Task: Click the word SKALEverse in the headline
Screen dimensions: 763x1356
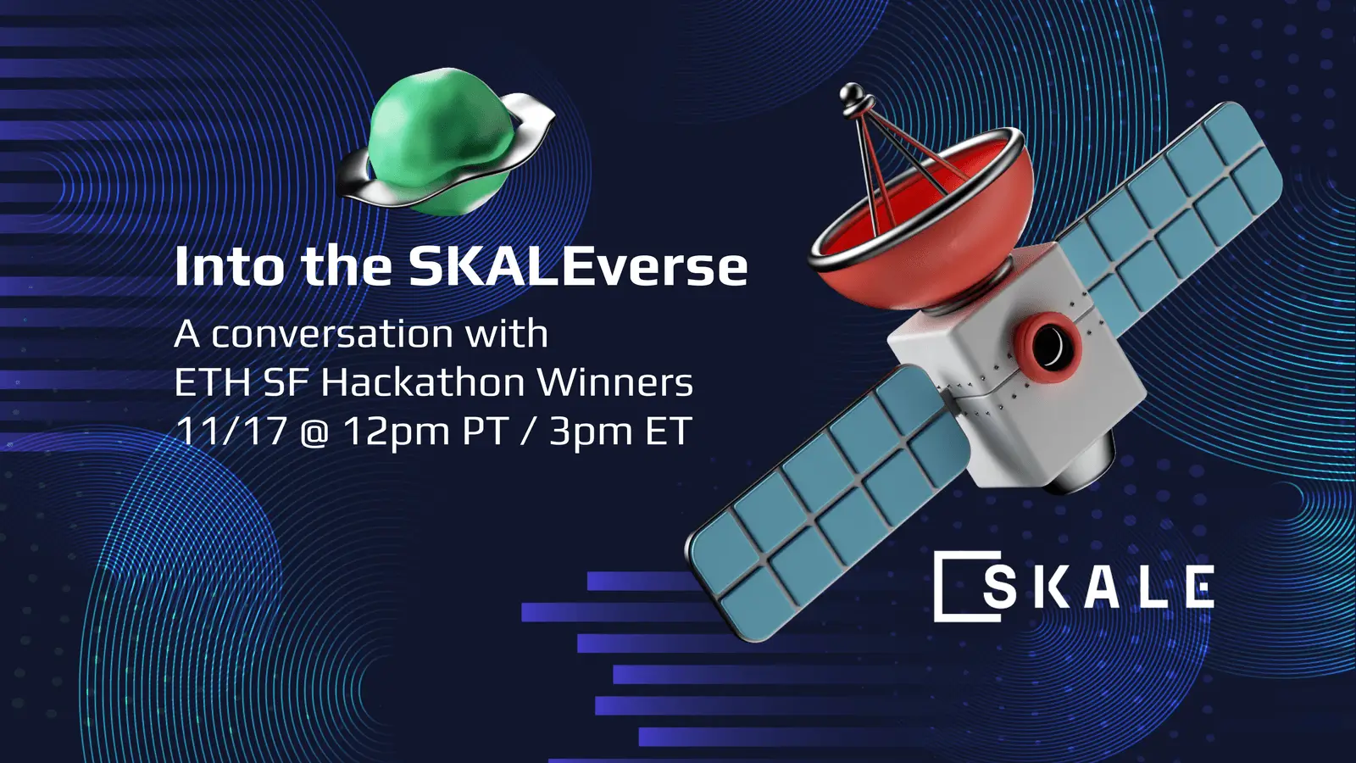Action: pyautogui.click(x=578, y=267)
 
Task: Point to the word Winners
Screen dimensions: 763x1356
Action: pyautogui.click(x=615, y=382)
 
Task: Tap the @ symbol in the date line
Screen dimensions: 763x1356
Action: pyautogui.click(x=314, y=432)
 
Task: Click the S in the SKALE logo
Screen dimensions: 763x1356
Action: pyautogui.click(x=1000, y=587)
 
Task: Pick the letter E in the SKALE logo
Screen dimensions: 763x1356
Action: pyautogui.click(x=1198, y=587)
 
